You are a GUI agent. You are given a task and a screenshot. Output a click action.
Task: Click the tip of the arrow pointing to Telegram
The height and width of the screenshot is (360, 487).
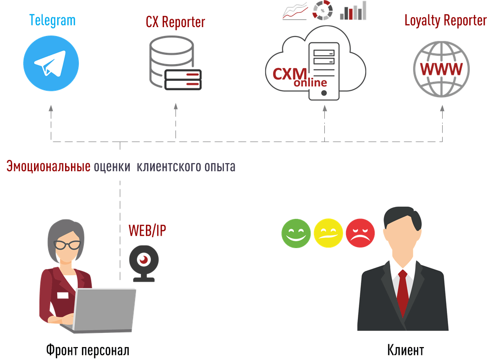point(51,106)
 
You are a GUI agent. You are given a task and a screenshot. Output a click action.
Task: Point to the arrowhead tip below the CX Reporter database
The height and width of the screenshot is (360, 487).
point(176,104)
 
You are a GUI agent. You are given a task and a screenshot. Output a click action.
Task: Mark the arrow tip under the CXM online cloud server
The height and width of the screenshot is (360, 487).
point(325,105)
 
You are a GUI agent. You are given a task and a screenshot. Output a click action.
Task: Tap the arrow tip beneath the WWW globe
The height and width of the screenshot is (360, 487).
point(442,106)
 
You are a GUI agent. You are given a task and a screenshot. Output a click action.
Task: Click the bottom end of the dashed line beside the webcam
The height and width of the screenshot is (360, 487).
point(120,280)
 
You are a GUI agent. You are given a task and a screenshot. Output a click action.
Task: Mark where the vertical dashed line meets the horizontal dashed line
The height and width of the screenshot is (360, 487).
point(120,142)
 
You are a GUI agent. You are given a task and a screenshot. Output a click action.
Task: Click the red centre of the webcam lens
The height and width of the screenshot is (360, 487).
point(144,260)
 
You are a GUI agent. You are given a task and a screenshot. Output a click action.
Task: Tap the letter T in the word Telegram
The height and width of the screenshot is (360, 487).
point(32,20)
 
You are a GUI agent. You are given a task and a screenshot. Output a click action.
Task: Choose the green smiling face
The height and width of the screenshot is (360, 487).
point(296,233)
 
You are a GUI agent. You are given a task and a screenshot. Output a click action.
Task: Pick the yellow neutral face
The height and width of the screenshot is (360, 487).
point(328,233)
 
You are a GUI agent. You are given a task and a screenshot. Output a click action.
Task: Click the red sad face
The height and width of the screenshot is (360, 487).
point(360,233)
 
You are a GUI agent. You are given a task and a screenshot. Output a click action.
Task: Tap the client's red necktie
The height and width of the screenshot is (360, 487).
point(403,292)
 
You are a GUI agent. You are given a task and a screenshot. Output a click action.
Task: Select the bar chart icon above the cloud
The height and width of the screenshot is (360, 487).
point(353,11)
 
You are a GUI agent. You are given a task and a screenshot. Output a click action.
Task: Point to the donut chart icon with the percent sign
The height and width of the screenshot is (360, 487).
point(322,10)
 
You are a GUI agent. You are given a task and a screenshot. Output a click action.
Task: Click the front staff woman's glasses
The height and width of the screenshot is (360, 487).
point(67,245)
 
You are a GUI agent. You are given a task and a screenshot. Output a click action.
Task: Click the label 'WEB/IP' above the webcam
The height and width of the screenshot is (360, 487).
point(147,230)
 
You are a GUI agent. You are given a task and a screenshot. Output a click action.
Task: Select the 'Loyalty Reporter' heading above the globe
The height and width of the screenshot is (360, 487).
point(446,21)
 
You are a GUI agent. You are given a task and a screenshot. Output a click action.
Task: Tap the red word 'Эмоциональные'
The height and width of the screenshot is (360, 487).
point(48,167)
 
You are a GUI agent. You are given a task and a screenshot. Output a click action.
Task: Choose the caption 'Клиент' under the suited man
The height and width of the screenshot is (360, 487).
point(406,350)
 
